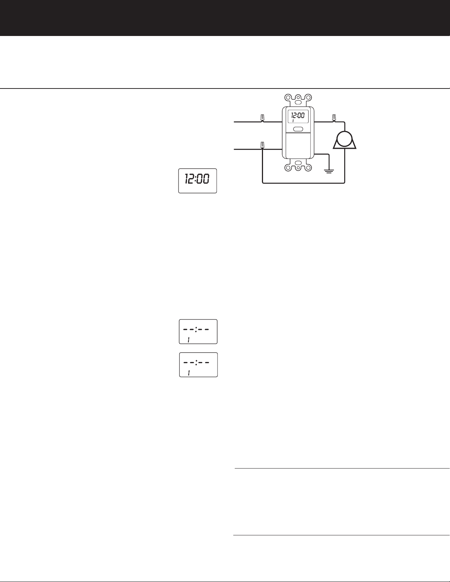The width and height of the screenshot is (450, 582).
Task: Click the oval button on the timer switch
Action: (298, 129)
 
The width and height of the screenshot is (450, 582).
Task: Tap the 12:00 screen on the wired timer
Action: (298, 117)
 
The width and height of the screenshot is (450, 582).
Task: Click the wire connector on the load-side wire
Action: (334, 118)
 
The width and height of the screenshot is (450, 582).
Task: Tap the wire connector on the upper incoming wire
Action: (262, 118)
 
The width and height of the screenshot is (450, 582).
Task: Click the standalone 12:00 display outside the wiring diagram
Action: (198, 180)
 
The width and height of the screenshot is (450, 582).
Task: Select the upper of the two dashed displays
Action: (198, 332)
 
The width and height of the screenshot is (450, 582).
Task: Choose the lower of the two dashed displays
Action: (198, 365)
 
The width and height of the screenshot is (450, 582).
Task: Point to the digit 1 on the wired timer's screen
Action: (293, 121)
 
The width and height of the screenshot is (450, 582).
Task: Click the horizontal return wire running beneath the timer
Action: (303, 183)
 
